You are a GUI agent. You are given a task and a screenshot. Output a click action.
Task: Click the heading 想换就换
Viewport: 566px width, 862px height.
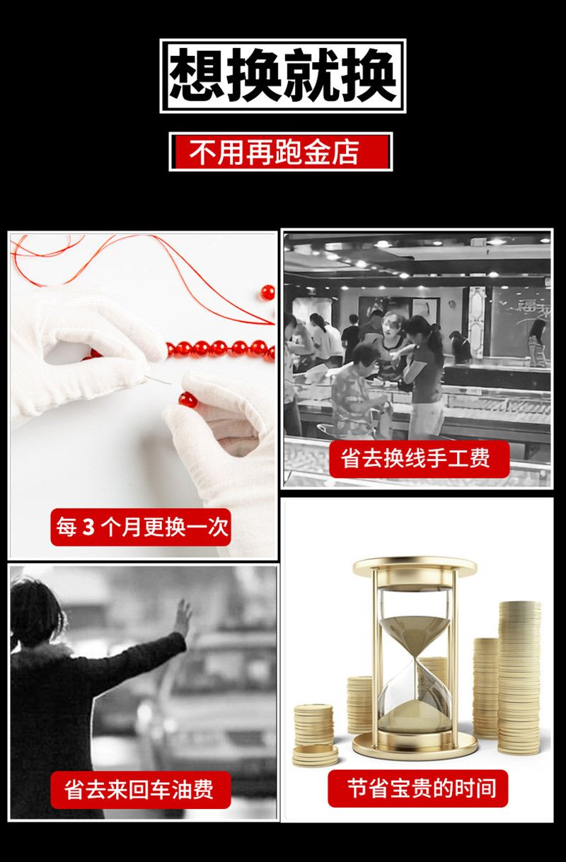point(283,76)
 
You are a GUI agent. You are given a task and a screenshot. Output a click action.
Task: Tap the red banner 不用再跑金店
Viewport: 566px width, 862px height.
point(281,151)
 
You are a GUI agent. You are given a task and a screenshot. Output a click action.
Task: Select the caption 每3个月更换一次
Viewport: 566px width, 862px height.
point(141,527)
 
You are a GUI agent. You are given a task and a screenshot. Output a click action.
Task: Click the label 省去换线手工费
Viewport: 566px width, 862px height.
point(420,459)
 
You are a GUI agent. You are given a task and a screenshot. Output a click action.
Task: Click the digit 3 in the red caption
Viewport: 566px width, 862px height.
point(88,527)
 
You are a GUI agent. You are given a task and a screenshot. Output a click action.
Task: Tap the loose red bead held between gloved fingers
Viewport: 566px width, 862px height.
point(188,400)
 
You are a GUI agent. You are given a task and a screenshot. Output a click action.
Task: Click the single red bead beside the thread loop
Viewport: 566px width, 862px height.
point(267,293)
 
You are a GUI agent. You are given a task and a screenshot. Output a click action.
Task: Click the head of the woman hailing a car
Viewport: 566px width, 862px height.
point(37,612)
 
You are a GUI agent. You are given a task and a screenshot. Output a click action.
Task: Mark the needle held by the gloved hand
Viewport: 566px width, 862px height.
point(158,380)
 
